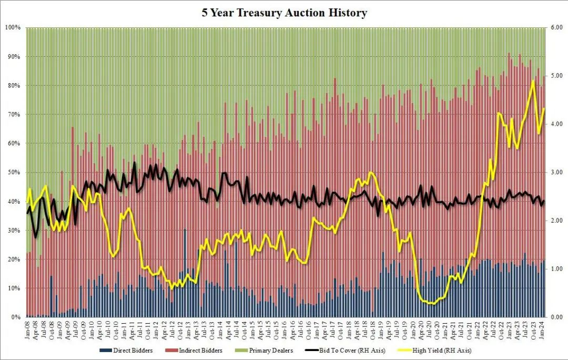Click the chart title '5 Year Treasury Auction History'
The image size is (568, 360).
point(284,13)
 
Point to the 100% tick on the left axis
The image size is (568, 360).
point(12,27)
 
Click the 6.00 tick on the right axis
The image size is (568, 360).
point(556,27)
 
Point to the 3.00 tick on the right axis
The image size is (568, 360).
point(556,172)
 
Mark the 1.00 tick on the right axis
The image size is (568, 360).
point(556,269)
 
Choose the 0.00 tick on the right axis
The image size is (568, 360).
point(556,317)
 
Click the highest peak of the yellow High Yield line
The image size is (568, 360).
point(533,81)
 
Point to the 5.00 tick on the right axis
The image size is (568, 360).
point(556,75)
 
